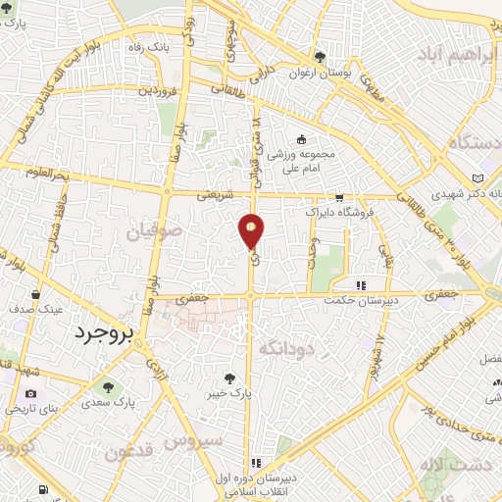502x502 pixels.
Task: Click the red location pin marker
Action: (x=252, y=231)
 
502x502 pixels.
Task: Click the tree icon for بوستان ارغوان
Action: (x=320, y=56)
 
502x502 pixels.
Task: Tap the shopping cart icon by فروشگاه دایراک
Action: (x=338, y=197)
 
